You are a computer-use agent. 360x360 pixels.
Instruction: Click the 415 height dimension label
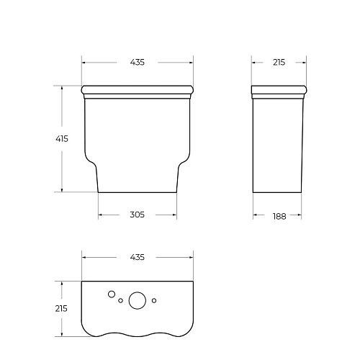coord(61,140)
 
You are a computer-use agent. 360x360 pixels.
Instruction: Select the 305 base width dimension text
coord(137,214)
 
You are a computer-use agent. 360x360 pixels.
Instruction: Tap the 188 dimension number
coord(279,214)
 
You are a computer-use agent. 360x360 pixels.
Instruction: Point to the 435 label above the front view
coord(137,63)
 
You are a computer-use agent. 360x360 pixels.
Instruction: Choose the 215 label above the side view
coord(279,63)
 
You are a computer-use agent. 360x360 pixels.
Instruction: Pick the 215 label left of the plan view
coord(61,308)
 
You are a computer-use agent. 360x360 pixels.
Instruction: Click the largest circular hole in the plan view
coord(137,301)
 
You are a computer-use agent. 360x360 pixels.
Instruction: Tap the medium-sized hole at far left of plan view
coord(111,294)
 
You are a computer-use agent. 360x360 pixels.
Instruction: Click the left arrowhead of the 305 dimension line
coord(100,214)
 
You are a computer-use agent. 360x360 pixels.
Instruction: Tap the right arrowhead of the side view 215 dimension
coord(305,63)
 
